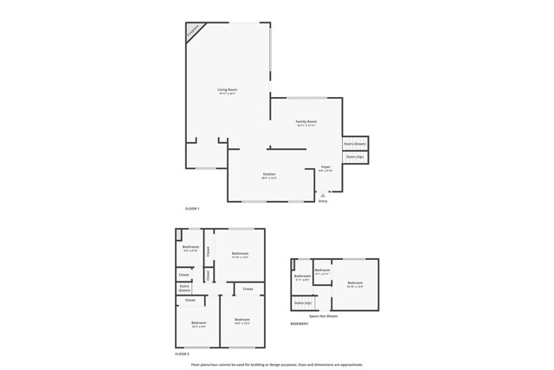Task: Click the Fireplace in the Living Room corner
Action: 194,31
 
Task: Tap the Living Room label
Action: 228,90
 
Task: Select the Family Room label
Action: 306,122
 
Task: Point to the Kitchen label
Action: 269,175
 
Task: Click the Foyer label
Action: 325,167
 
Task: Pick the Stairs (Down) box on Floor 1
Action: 355,143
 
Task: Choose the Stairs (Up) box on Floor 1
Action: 354,157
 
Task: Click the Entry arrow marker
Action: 323,197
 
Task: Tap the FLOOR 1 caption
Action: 192,209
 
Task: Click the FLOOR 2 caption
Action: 182,354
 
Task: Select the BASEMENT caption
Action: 300,323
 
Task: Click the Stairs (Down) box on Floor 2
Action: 184,288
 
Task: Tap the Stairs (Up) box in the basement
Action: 303,303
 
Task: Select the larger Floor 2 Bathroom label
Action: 240,254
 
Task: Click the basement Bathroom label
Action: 303,277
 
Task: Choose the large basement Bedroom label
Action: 356,283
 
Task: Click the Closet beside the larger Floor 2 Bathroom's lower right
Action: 248,289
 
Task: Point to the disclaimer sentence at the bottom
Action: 277,365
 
